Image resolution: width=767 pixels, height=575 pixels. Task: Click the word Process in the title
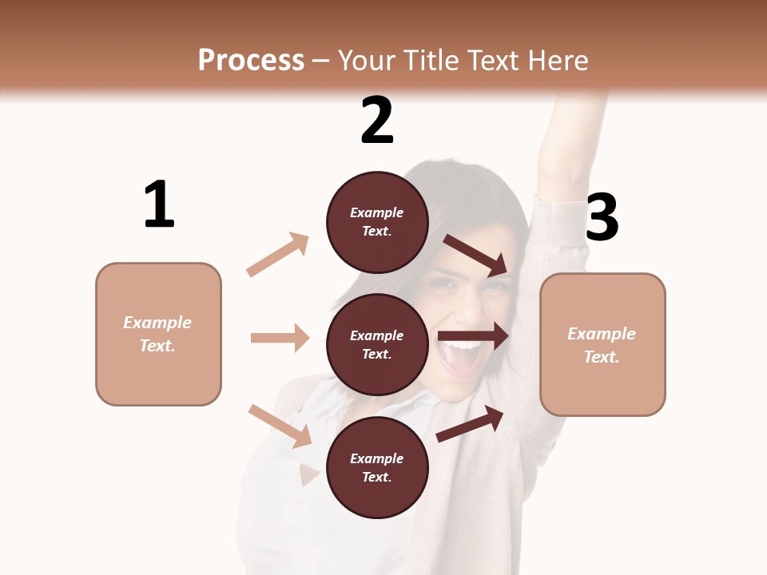pyautogui.click(x=251, y=61)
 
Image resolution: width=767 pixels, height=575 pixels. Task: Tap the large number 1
pyautogui.click(x=159, y=204)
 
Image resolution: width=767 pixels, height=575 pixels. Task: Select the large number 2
pyautogui.click(x=377, y=121)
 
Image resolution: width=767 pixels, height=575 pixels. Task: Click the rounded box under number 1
pyautogui.click(x=158, y=334)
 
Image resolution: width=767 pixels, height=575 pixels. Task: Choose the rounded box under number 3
pyautogui.click(x=602, y=345)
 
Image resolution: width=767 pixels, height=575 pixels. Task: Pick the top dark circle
pyautogui.click(x=377, y=222)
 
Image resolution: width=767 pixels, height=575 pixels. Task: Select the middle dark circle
pyautogui.click(x=377, y=345)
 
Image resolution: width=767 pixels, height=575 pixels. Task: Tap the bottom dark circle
pyautogui.click(x=377, y=468)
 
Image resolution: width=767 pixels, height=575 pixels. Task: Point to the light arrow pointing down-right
pyautogui.click(x=280, y=426)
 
